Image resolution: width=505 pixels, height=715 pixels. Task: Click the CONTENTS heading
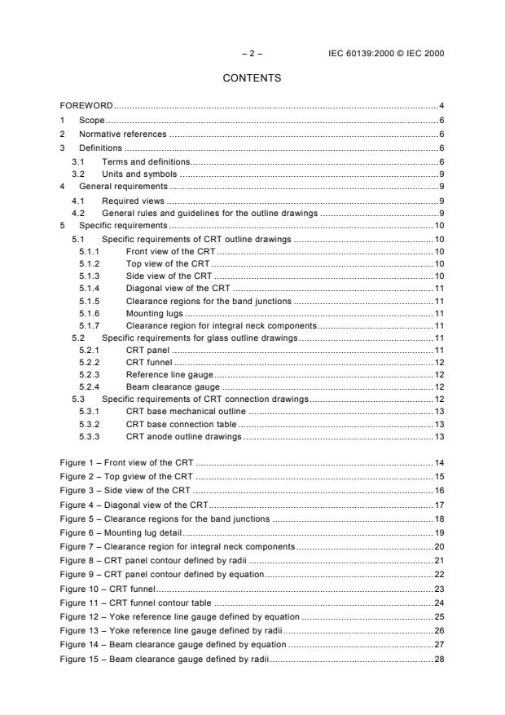252,78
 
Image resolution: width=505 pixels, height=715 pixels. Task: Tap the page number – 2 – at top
252,54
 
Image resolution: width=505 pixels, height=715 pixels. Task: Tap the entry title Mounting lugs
155,311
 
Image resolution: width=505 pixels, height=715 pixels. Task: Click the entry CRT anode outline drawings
184,437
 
